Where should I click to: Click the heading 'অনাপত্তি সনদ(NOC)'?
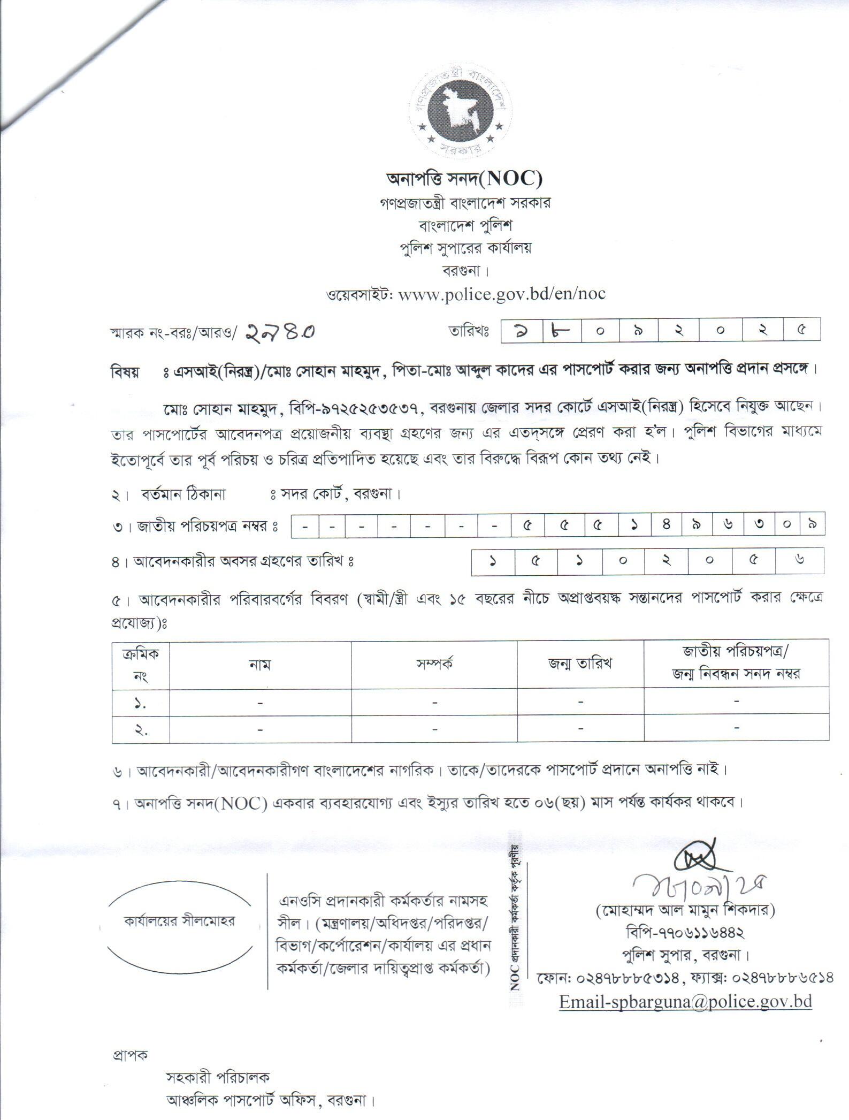(464, 178)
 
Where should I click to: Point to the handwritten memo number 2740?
(280, 332)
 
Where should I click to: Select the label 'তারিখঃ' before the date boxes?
(470, 331)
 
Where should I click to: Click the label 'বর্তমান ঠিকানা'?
(183, 494)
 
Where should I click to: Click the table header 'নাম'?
(260, 665)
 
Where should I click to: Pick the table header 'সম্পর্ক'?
(434, 664)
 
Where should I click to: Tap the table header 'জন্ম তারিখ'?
(580, 664)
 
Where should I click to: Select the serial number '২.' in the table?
(141, 729)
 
